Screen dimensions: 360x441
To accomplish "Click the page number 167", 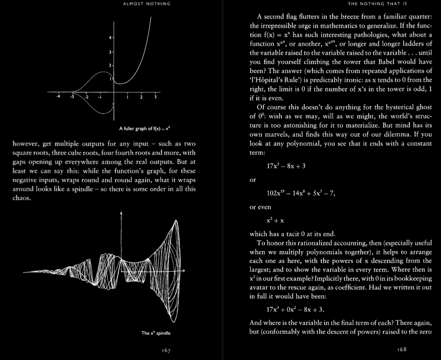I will point(166,350).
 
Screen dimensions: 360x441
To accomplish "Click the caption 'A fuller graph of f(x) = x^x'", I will point(143,128).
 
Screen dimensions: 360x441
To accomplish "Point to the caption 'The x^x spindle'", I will point(155,333).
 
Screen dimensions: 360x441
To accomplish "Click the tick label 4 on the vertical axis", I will point(110,38).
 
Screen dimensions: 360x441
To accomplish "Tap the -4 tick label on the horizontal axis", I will point(59,97).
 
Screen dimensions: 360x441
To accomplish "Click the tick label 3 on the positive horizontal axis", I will point(155,97).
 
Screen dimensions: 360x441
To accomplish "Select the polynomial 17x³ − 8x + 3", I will point(286,166).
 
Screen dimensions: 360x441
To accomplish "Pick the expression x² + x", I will point(276,220).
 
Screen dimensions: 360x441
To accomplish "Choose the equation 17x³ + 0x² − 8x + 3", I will point(295,310).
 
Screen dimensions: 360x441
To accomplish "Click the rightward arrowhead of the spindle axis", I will point(183,271).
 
